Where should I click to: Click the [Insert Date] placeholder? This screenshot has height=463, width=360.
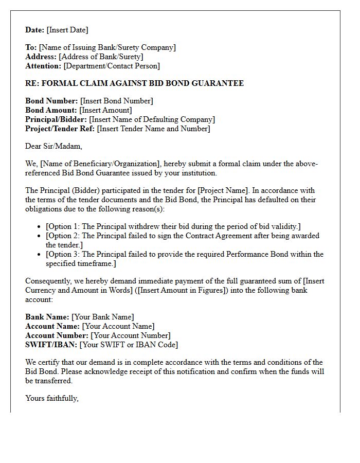pyautogui.click(x=67, y=30)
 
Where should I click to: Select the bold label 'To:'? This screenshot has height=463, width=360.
pyautogui.click(x=31, y=47)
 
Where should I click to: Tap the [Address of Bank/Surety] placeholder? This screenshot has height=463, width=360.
pyautogui.click(x=101, y=57)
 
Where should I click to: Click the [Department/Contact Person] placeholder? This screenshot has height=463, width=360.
pyautogui.click(x=112, y=66)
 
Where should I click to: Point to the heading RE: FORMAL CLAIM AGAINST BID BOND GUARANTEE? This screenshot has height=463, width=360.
pyautogui.click(x=134, y=83)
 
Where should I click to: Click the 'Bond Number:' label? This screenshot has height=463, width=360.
pyautogui.click(x=51, y=101)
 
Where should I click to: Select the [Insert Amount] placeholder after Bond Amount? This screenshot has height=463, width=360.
pyautogui.click(x=106, y=110)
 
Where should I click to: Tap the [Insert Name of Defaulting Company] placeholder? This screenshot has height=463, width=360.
pyautogui.click(x=149, y=119)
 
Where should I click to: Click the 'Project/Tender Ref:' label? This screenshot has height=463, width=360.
pyautogui.click(x=60, y=129)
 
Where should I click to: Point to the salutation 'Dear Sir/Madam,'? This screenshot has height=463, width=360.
pyautogui.click(x=53, y=146)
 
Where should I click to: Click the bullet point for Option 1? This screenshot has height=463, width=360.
pyautogui.click(x=40, y=227)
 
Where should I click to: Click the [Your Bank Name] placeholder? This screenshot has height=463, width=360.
pyautogui.click(x=102, y=317)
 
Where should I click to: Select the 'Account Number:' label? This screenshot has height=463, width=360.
pyautogui.click(x=57, y=335)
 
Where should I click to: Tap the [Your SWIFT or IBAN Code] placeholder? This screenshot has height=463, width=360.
pyautogui.click(x=129, y=345)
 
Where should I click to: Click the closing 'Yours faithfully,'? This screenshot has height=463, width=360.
pyautogui.click(x=52, y=398)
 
